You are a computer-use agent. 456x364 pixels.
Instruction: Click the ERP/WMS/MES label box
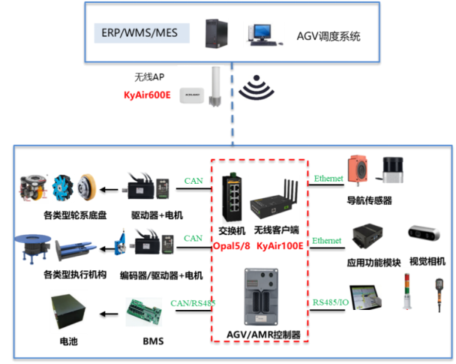point(142,33)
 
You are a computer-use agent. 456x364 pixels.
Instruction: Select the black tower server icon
point(216,34)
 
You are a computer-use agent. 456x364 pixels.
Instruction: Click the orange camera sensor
point(357,170)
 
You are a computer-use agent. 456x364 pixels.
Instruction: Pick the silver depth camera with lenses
point(424,232)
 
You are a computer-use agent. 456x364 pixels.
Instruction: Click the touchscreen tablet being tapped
point(366,296)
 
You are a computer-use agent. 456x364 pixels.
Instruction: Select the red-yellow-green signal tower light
point(406,288)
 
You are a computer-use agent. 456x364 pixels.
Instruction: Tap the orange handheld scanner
point(439,293)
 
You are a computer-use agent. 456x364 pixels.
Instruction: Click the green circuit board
point(143,311)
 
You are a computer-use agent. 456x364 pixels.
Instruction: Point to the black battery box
point(68,310)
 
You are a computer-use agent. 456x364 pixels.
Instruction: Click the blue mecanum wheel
point(61,188)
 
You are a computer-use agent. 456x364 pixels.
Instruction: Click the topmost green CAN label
point(193,180)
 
